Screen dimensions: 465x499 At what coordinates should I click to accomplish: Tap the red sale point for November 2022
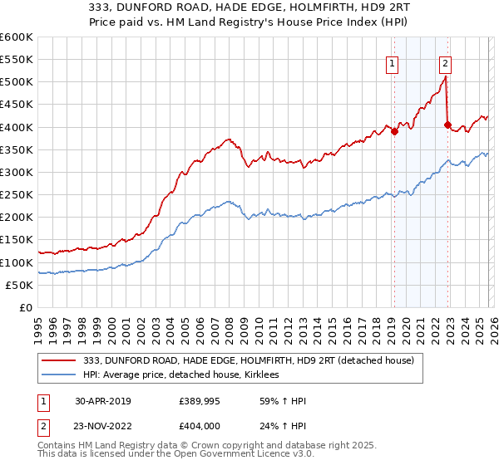click(x=447, y=125)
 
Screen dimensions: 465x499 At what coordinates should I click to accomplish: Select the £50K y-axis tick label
click(x=19, y=285)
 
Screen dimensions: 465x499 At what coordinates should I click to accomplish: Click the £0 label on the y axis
click(x=25, y=307)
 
